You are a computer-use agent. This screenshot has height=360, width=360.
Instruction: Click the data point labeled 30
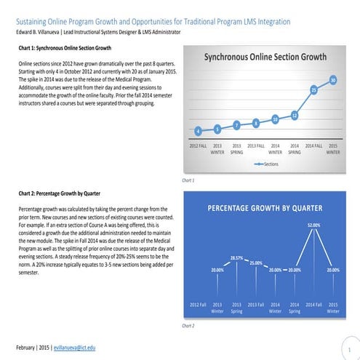coord(333,80)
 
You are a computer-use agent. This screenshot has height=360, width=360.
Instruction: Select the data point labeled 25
coord(314,90)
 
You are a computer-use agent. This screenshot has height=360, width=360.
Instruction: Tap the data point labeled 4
coord(198,131)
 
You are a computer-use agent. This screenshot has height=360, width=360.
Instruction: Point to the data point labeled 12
coord(295,115)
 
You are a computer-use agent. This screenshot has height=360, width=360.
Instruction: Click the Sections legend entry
coord(265,165)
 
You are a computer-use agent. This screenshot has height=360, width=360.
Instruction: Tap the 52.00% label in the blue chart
coord(314,225)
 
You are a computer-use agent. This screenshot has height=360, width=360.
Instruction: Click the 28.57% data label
coord(236,258)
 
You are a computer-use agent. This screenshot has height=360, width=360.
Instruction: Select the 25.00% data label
coord(256,263)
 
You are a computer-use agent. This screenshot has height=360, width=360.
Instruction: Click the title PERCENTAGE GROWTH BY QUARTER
coord(265,208)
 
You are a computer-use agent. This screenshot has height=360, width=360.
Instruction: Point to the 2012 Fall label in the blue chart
coord(198,303)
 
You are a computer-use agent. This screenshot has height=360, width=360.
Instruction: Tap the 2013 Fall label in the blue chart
coord(256,303)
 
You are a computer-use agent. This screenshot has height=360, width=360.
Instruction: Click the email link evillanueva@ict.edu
coord(76,348)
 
